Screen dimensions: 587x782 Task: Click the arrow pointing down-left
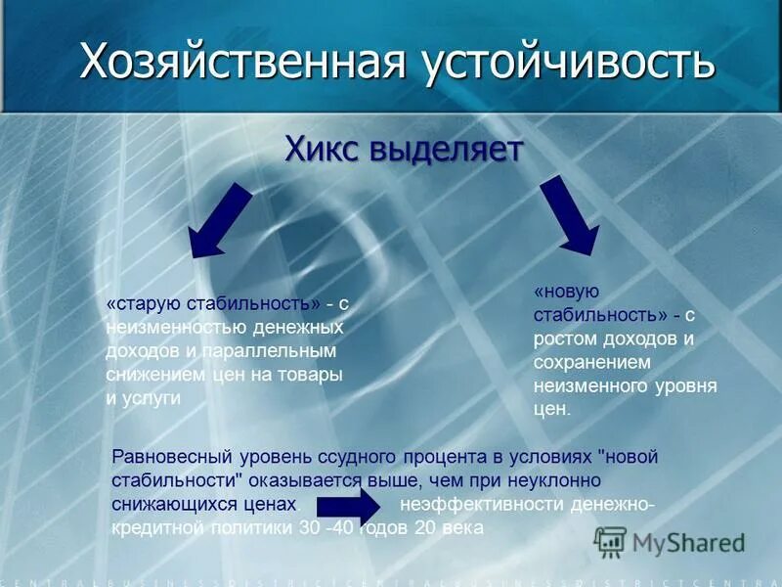pyautogui.click(x=221, y=222)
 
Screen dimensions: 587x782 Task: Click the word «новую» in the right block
pyautogui.click(x=566, y=293)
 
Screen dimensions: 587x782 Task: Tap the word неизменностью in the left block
pyautogui.click(x=164, y=328)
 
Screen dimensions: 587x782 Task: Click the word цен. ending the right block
pyautogui.click(x=551, y=410)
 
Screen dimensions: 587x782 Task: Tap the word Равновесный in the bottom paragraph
pyautogui.click(x=166, y=457)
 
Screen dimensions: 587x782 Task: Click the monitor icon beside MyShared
pyautogui.click(x=610, y=542)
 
